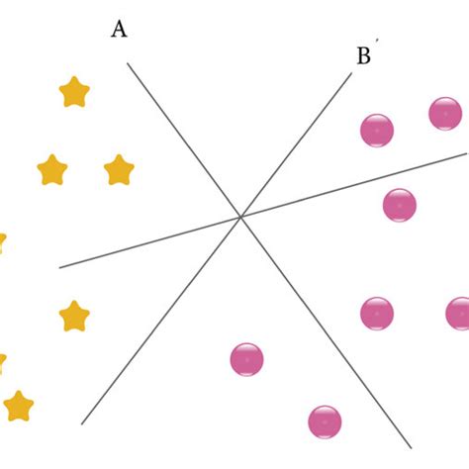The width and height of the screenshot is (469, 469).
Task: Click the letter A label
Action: tap(119, 30)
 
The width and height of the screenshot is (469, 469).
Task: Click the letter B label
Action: tap(363, 56)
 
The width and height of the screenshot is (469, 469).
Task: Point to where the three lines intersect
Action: tap(240, 217)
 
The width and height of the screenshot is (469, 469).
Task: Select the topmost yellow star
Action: tap(74, 92)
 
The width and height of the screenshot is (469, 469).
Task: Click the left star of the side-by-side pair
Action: tap(52, 170)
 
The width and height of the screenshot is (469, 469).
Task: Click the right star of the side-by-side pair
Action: tap(118, 170)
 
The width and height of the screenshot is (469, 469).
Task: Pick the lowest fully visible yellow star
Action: tap(18, 406)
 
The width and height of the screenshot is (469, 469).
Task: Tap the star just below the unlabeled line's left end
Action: tap(74, 317)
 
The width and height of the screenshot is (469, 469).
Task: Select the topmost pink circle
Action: tap(445, 113)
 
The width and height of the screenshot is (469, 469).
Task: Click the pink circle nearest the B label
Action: tap(377, 130)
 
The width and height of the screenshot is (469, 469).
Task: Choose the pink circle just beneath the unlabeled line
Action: tap(399, 205)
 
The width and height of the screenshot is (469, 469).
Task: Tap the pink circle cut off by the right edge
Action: tap(459, 314)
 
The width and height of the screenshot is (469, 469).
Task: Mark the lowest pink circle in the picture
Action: tap(325, 422)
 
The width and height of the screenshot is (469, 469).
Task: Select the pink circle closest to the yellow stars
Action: tap(246, 359)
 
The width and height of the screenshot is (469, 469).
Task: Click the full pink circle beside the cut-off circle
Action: tap(377, 314)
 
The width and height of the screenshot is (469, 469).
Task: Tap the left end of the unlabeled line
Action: tap(60, 267)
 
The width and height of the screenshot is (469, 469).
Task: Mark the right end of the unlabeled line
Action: tap(466, 153)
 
